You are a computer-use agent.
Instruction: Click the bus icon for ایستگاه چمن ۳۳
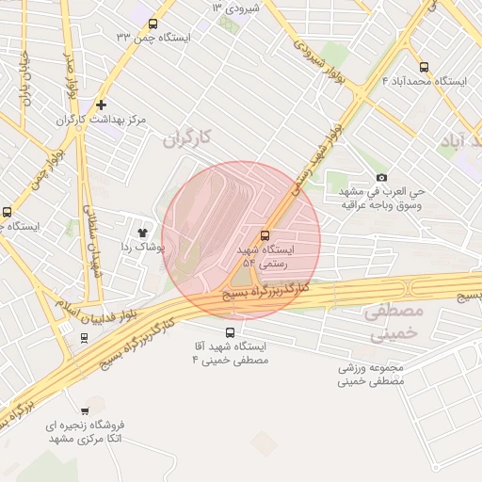(153, 24)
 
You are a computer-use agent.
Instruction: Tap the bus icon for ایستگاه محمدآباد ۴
(424, 68)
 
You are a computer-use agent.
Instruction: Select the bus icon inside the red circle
(264, 235)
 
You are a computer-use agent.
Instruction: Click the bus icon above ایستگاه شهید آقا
(231, 331)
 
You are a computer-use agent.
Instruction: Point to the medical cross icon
(101, 104)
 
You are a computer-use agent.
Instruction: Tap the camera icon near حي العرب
(381, 177)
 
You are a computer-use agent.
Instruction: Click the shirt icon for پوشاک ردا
(143, 231)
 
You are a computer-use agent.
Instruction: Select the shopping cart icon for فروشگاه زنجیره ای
(86, 411)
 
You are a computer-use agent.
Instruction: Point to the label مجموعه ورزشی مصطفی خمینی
(371, 375)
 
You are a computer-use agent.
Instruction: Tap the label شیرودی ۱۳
(234, 8)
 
